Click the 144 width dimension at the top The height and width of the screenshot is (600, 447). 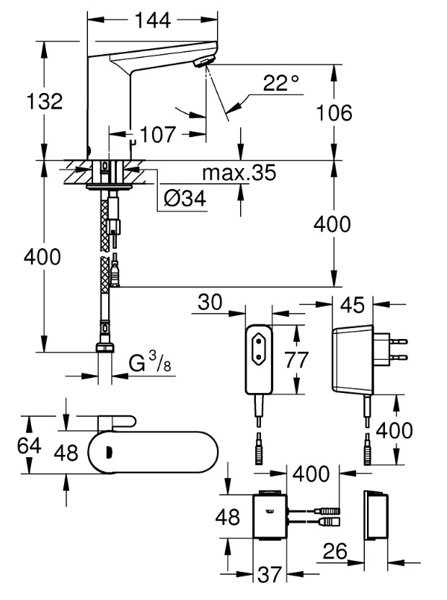[x=151, y=20]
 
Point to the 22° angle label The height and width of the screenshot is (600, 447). [x=280, y=84]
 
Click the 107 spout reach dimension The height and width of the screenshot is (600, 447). [x=158, y=134]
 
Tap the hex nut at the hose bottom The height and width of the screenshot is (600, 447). [x=105, y=348]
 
